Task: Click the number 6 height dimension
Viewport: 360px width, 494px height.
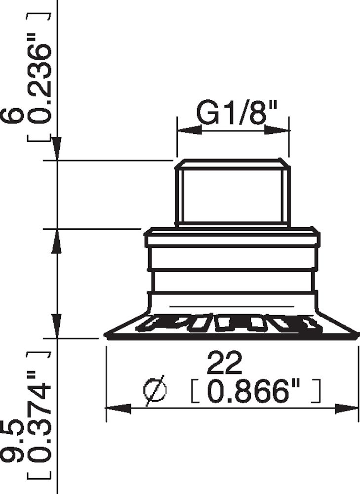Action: pos(13,114)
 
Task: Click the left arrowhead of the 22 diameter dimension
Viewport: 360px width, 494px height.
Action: pos(119,409)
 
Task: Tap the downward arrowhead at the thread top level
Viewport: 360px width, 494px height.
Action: pos(57,148)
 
